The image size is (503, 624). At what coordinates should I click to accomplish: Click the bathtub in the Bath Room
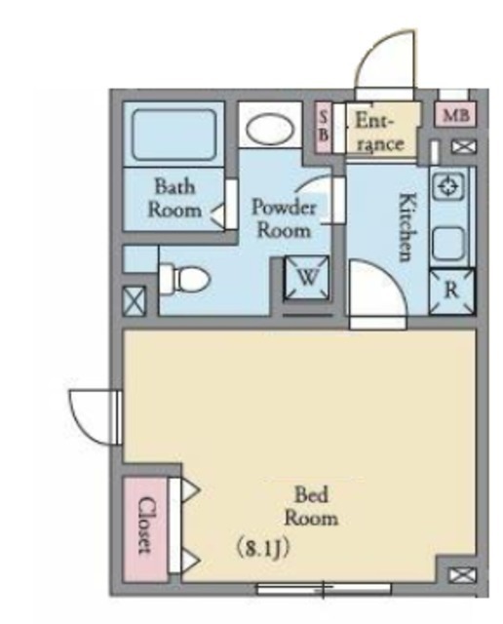(x=174, y=135)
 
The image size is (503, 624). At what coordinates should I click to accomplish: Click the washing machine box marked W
(x=307, y=277)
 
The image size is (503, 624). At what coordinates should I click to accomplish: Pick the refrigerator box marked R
(x=451, y=292)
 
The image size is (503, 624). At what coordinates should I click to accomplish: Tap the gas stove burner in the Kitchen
(x=449, y=186)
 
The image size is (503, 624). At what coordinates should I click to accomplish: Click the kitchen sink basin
(x=448, y=243)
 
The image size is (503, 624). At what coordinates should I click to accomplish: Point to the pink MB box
(x=455, y=115)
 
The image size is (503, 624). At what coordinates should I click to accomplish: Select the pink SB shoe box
(x=323, y=128)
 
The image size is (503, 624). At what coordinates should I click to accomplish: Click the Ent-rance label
(x=378, y=132)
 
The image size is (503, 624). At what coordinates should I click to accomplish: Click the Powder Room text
(x=284, y=218)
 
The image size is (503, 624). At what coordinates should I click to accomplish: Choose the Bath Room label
(x=174, y=198)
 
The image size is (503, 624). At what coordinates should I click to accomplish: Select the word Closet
(x=145, y=525)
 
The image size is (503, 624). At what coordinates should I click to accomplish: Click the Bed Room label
(x=312, y=507)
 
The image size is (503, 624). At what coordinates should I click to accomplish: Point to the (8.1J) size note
(x=262, y=549)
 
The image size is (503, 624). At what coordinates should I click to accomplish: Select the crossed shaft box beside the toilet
(x=135, y=301)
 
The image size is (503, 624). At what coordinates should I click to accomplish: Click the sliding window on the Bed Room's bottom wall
(x=324, y=588)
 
